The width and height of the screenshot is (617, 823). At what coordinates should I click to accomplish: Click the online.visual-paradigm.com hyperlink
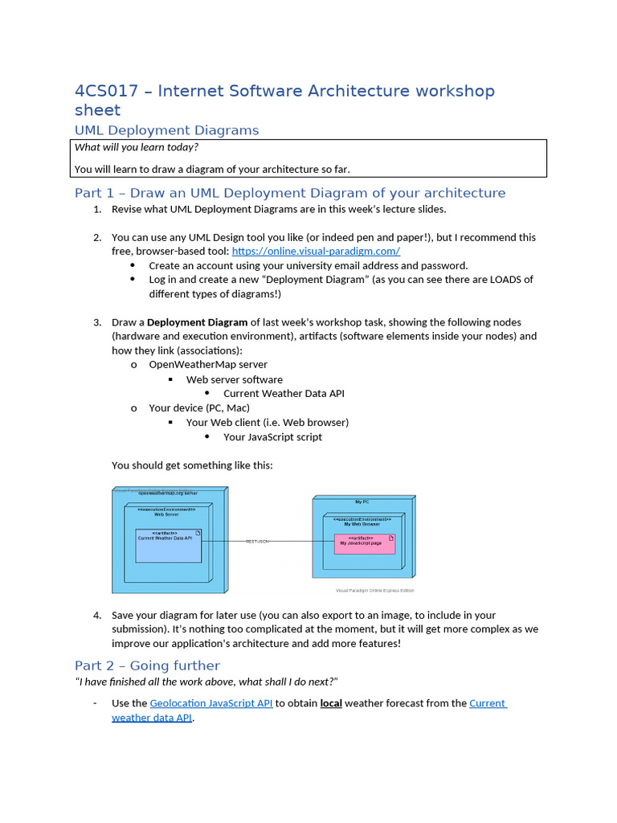coord(316,252)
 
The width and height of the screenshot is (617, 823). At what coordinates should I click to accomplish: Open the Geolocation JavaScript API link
coord(211,703)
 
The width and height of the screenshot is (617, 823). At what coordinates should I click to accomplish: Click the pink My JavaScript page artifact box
coord(366,544)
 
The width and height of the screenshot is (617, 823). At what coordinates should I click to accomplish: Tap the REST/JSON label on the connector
coord(257,542)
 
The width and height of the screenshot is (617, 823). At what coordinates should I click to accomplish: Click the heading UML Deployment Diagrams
coord(166,130)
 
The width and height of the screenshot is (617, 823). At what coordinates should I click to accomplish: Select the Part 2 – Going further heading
coord(147,665)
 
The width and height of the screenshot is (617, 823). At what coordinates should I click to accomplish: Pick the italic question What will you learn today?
coord(136,147)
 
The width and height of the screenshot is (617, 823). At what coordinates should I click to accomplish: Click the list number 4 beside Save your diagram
coord(96,616)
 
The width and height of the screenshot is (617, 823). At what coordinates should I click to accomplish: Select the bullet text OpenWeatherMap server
coord(208,365)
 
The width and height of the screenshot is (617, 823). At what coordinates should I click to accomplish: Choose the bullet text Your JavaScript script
coord(272,437)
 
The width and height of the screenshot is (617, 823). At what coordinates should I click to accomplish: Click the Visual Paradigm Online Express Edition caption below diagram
coord(375,591)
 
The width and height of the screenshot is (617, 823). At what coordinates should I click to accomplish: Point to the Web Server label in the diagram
coord(166,514)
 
